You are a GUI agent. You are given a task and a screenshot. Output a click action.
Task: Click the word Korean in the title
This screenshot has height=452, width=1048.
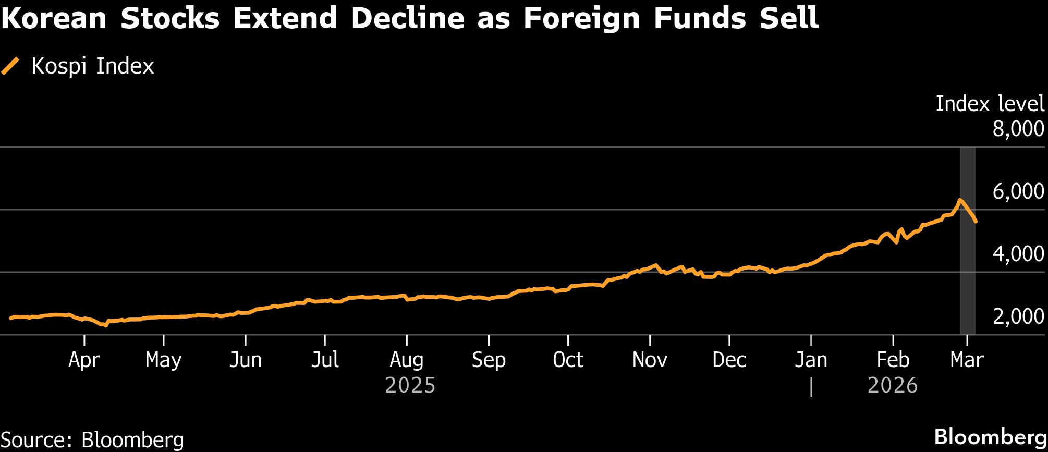(x=54, y=18)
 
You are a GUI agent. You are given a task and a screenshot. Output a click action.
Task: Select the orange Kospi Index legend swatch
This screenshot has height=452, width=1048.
(x=10, y=67)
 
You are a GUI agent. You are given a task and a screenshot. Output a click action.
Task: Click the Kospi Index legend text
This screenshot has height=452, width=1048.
(x=93, y=67)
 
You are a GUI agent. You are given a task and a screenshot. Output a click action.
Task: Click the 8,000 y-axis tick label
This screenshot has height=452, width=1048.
(x=1018, y=129)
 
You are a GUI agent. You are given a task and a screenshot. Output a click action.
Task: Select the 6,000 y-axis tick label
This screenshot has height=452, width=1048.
(x=1018, y=191)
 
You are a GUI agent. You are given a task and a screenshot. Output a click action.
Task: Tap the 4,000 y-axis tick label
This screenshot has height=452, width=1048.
(x=1018, y=254)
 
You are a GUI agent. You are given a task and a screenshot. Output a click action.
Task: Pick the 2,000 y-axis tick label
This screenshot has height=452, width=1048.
(x=1018, y=316)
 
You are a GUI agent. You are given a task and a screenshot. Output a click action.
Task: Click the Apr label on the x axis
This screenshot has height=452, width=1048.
(x=84, y=360)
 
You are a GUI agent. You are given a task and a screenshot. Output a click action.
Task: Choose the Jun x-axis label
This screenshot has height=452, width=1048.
(x=245, y=360)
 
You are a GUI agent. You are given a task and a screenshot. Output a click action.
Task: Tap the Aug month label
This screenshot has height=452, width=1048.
(x=407, y=360)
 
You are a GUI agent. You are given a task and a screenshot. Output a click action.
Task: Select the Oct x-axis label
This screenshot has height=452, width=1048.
(x=568, y=360)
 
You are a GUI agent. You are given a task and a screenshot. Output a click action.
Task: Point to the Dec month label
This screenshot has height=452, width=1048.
(x=729, y=360)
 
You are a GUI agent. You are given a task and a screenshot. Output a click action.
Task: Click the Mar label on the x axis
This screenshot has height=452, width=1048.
(x=967, y=360)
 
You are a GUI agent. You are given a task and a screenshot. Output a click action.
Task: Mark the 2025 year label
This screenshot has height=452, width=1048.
(x=410, y=386)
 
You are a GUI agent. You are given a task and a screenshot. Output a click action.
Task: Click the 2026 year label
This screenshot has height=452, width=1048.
(x=893, y=386)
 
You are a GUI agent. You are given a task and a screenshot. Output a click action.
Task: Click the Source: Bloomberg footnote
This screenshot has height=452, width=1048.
(x=92, y=440)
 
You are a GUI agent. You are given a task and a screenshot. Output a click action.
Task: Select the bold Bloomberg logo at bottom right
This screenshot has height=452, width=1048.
(x=990, y=437)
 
